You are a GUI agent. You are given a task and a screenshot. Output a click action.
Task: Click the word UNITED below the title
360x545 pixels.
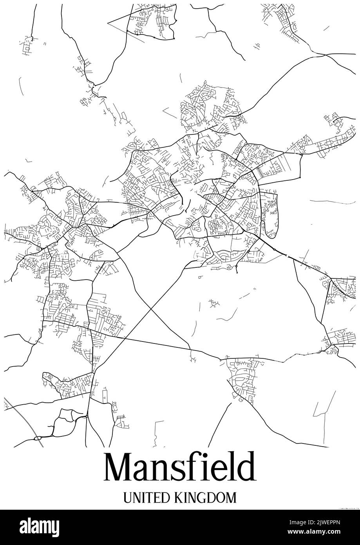click(146, 498)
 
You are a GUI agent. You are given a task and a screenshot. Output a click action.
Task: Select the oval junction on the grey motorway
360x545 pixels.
click(38, 438)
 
